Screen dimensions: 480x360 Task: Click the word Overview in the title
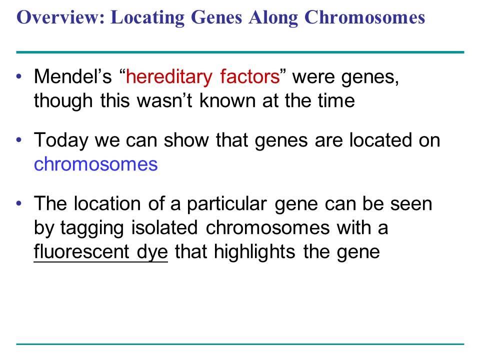[x=60, y=17]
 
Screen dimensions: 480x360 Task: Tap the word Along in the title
[x=273, y=18]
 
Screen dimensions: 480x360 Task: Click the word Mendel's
[x=73, y=76]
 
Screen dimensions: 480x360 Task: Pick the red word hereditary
[x=169, y=77]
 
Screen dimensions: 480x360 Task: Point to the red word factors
[x=250, y=76]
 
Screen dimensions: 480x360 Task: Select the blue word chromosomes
[x=95, y=164]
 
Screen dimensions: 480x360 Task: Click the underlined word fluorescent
[x=81, y=251]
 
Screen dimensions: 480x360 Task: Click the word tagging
[x=92, y=228]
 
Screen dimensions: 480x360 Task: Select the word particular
[x=227, y=204]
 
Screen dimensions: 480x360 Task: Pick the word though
[x=63, y=101]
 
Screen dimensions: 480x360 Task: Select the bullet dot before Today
[x=19, y=140]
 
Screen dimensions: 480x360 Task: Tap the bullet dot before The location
[x=19, y=203]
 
